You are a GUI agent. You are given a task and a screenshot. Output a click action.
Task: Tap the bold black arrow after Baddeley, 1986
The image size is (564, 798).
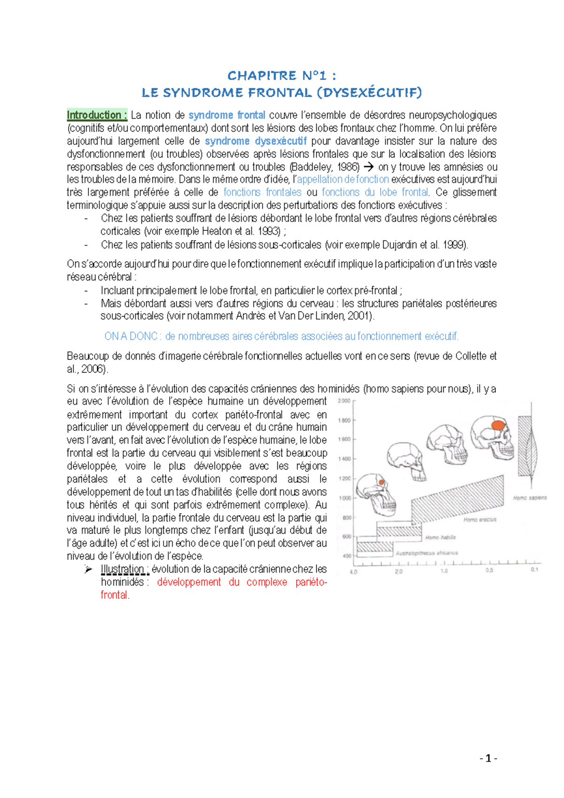pyautogui.click(x=369, y=167)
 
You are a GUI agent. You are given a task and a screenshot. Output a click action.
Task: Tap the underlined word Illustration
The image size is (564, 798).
pyautogui.click(x=122, y=569)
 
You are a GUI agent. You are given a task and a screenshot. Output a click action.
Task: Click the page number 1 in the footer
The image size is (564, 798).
pyautogui.click(x=489, y=758)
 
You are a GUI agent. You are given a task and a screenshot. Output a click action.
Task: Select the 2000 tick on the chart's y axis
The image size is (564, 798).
pyautogui.click(x=344, y=401)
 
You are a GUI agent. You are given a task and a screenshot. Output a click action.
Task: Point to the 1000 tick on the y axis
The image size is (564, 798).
pyautogui.click(x=345, y=498)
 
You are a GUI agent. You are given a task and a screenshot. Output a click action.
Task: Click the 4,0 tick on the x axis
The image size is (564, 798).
pyautogui.click(x=353, y=572)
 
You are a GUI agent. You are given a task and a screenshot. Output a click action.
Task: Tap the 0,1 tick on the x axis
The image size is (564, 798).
pyautogui.click(x=534, y=570)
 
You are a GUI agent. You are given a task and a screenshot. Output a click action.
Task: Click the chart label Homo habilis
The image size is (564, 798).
pyautogui.click(x=440, y=537)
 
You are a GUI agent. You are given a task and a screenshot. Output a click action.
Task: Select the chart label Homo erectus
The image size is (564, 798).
pyautogui.click(x=480, y=520)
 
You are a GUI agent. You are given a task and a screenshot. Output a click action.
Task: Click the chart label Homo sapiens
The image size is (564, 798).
pyautogui.click(x=530, y=498)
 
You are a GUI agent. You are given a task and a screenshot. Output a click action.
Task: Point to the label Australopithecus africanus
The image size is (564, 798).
pyautogui.click(x=427, y=553)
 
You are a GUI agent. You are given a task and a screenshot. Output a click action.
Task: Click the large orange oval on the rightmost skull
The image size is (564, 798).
pyautogui.click(x=498, y=425)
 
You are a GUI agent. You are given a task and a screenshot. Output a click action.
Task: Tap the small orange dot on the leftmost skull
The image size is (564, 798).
pyautogui.click(x=382, y=483)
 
